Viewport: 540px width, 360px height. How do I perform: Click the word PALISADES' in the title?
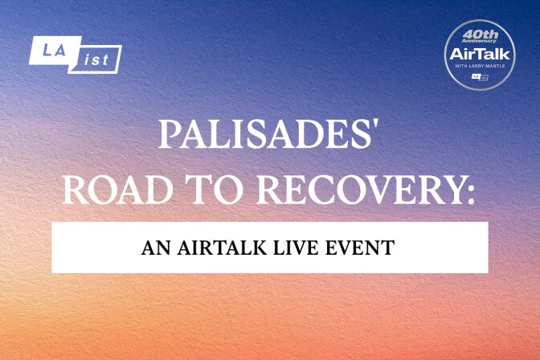(x=268, y=135)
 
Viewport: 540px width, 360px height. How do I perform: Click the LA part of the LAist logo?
(x=47, y=51)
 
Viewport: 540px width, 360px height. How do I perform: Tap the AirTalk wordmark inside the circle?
(x=480, y=55)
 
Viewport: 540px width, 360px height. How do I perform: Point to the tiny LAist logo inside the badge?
(x=480, y=76)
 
